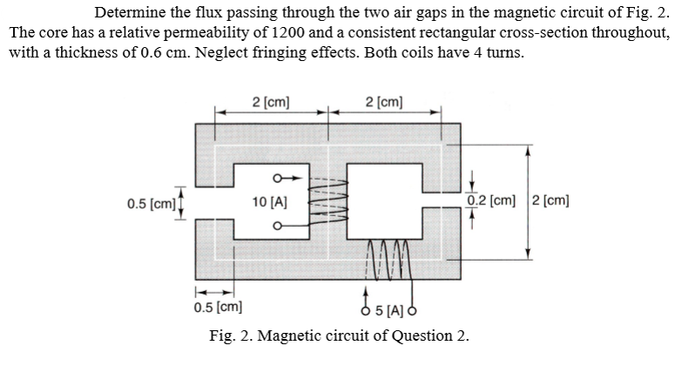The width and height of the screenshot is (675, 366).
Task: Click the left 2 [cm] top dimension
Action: point(271,101)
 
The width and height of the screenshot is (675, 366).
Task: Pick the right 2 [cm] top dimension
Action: point(385,101)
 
